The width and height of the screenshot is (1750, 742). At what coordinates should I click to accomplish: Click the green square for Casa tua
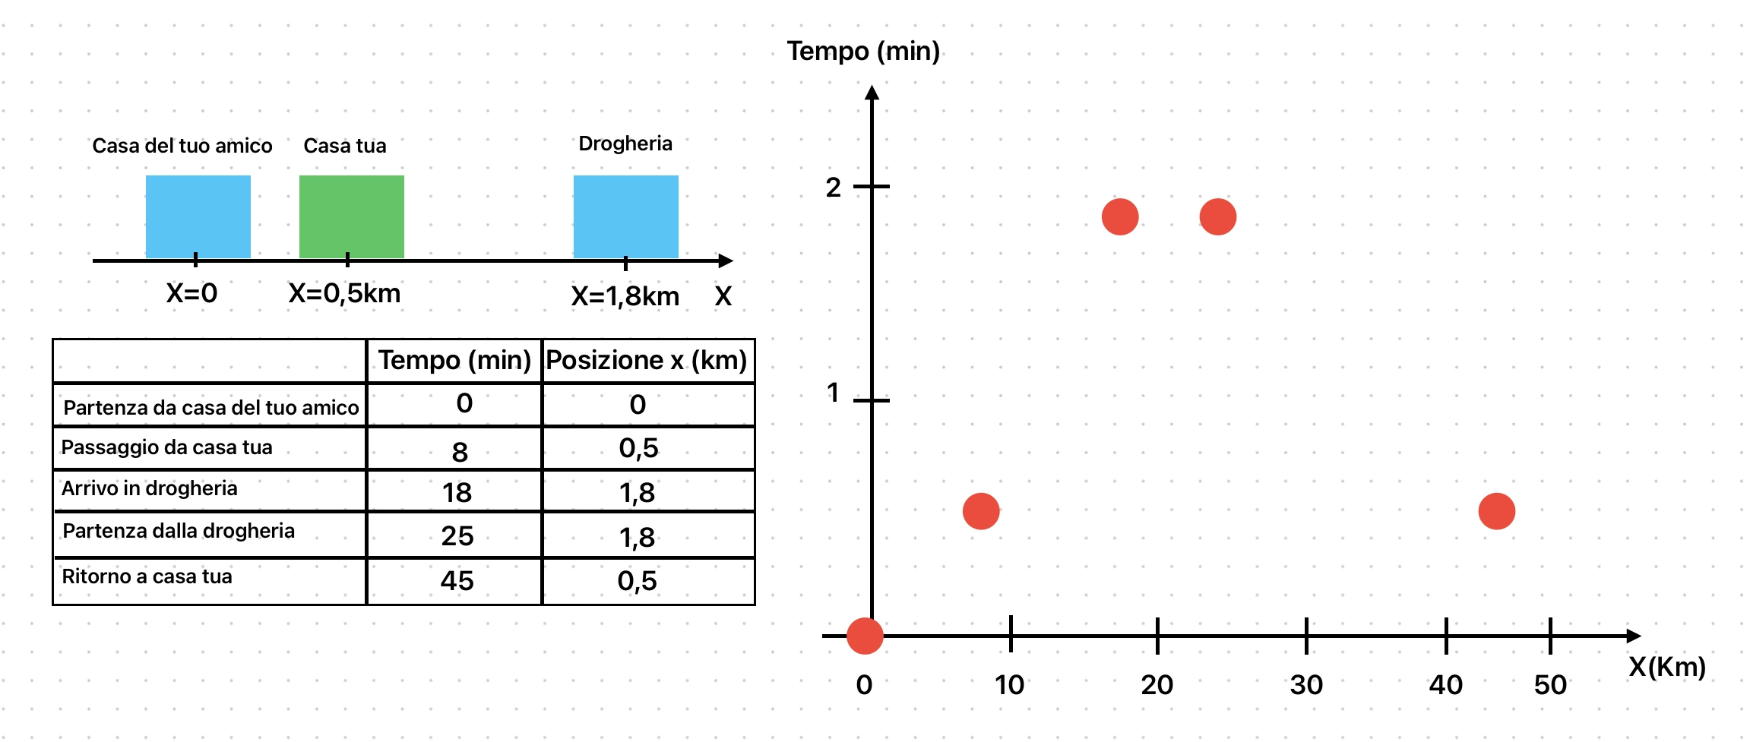click(x=351, y=216)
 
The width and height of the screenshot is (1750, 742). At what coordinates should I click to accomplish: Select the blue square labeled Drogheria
click(x=625, y=216)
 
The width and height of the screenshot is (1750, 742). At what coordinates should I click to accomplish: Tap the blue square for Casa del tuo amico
click(x=198, y=216)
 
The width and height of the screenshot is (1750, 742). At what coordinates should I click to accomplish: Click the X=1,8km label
click(x=625, y=296)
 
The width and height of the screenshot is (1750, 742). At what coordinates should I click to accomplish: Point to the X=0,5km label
click(x=344, y=293)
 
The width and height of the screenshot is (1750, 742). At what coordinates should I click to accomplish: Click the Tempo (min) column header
click(x=454, y=360)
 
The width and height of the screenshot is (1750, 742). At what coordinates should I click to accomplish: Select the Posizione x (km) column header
click(x=647, y=360)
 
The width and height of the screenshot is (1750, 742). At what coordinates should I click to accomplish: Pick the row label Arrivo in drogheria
click(x=150, y=488)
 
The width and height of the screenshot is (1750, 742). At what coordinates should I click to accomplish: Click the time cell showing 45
click(x=457, y=581)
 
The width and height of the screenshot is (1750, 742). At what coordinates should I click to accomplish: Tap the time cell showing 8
click(x=459, y=452)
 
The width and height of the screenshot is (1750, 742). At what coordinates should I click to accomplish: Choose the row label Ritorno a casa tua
click(x=147, y=576)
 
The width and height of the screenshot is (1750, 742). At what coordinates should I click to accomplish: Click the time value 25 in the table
click(x=457, y=536)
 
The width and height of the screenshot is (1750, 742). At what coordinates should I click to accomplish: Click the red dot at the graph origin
click(x=865, y=636)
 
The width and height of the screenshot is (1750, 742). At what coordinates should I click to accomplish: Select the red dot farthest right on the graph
click(x=1496, y=511)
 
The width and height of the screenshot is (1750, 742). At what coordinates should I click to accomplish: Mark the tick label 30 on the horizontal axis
click(x=1306, y=685)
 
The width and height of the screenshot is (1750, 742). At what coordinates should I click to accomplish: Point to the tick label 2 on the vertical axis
click(x=834, y=187)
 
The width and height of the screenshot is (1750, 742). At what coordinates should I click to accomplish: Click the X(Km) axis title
click(x=1666, y=667)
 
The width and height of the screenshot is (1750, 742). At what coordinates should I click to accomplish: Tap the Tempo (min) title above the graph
click(x=863, y=51)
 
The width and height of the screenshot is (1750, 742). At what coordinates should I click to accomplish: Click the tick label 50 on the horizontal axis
click(x=1549, y=685)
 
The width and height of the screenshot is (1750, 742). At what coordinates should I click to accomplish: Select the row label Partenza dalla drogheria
click(x=179, y=531)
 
